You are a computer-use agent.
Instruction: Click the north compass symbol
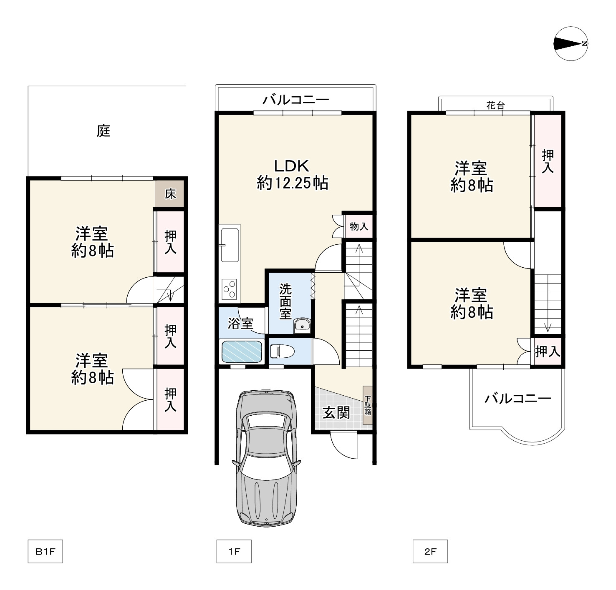(x=571, y=44)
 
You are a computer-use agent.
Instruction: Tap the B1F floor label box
(x=45, y=551)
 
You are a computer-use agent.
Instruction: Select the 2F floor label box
(x=430, y=551)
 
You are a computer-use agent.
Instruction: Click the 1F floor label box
(x=234, y=551)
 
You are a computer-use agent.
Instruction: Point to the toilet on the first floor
(x=283, y=351)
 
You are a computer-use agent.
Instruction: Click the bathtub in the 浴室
(x=242, y=351)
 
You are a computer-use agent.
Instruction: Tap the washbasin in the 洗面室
(x=302, y=325)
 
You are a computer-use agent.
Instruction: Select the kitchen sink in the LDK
(x=230, y=245)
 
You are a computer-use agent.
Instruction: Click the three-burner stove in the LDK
(x=229, y=289)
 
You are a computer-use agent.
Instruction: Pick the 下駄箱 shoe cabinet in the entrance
(x=368, y=405)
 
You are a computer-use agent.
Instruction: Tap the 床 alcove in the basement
(x=170, y=194)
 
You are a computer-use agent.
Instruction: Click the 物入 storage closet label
(x=359, y=226)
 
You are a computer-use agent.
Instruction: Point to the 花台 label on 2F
(x=495, y=105)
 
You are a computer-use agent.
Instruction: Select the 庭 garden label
(x=104, y=131)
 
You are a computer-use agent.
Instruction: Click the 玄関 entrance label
(x=336, y=412)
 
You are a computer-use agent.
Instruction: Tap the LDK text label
(x=291, y=166)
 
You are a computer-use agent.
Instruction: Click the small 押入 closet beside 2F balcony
(x=548, y=351)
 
